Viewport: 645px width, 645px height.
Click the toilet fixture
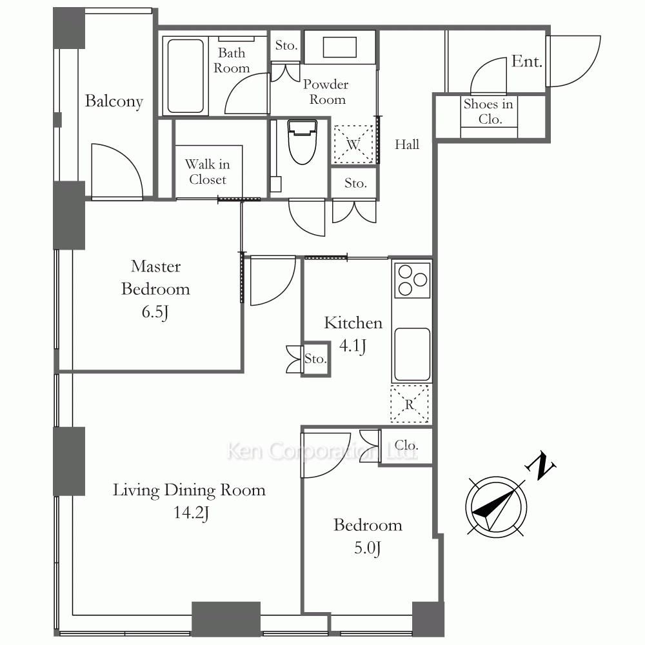tap(303, 142)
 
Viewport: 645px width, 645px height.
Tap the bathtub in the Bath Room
tap(186, 75)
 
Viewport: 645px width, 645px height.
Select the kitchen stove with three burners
tap(412, 281)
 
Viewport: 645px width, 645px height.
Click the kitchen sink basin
tap(412, 354)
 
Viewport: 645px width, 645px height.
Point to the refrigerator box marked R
tap(410, 404)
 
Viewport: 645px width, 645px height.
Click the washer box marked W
tap(353, 144)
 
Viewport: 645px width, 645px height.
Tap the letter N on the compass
tap(541, 466)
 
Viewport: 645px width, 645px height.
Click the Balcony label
tap(114, 101)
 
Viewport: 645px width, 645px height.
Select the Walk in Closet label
tap(208, 172)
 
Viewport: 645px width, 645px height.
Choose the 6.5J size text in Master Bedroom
tap(155, 312)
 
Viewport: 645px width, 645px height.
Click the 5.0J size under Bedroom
tap(368, 548)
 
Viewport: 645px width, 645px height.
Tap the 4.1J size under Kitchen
tap(353, 346)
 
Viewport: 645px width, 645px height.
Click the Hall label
tap(407, 144)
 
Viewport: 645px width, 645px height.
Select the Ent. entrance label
tap(526, 62)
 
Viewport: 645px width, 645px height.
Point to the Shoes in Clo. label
tap(489, 112)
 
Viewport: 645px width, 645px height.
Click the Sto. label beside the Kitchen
tap(315, 359)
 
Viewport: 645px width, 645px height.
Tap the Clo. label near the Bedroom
tap(406, 445)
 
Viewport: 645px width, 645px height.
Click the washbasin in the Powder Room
tap(339, 47)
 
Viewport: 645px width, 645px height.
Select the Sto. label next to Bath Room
tap(286, 45)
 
